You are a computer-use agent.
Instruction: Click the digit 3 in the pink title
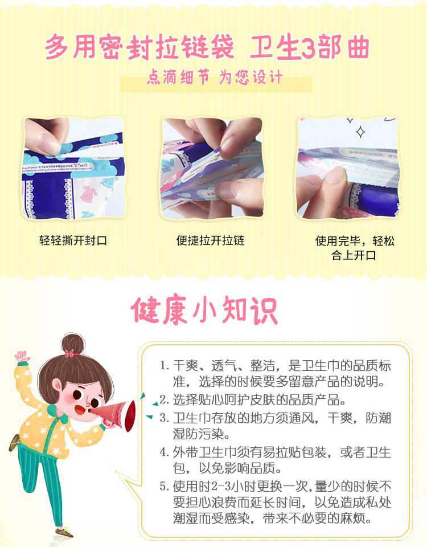pos(307,47)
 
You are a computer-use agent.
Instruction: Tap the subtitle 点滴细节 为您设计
pos(215,77)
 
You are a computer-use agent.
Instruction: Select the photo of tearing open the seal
pos(73,168)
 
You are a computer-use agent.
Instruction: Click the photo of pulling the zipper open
pos(212,168)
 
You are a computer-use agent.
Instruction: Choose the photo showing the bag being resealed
pos(348,168)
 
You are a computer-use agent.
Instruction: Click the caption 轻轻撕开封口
pos(73,240)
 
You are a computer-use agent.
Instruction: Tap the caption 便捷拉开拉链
pos(211,240)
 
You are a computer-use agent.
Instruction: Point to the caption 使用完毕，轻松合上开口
pos(355,248)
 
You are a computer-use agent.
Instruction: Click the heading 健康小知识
pos(204,311)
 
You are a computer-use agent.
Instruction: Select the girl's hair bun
pos(73,343)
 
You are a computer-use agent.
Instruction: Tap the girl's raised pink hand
pos(22,357)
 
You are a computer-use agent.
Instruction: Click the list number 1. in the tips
pos(164,366)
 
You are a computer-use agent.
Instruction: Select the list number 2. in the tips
pos(164,400)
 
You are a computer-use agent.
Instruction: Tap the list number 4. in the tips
pos(164,452)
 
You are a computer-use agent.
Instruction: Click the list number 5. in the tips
pos(164,486)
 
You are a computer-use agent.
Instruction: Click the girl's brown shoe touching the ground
pos(64,533)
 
